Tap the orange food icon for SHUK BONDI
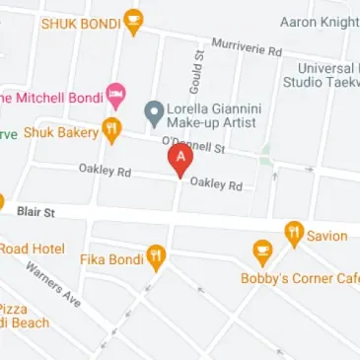pyautogui.click(x=134, y=21)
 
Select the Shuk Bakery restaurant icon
pyautogui.click(x=112, y=130)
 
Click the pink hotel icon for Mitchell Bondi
pyautogui.click(x=115, y=96)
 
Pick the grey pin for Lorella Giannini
pyautogui.click(x=153, y=111)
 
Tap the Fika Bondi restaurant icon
pyautogui.click(x=155, y=258)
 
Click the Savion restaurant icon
pyautogui.click(x=293, y=234)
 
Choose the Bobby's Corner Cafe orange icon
pyautogui.click(x=261, y=252)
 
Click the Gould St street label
pyautogui.click(x=194, y=67)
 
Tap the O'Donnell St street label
pyautogui.click(x=195, y=146)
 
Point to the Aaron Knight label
pyautogui.click(x=320, y=21)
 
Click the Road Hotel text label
pyautogui.click(x=32, y=249)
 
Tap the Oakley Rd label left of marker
pyautogui.click(x=105, y=171)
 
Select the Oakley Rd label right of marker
pyautogui.click(x=216, y=184)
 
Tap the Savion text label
pyautogui.click(x=326, y=236)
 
